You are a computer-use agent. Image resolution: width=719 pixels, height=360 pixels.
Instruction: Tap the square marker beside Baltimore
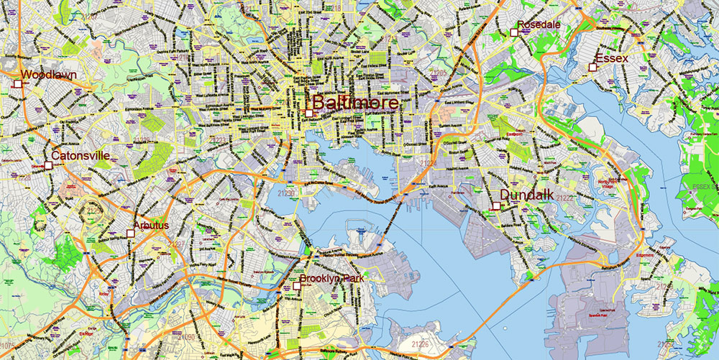pyautogui.click(x=308, y=113)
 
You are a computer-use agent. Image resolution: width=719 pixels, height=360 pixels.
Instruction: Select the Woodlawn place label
pyautogui.click(x=49, y=75)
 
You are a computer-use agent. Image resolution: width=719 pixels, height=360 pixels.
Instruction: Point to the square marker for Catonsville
pyautogui.click(x=48, y=165)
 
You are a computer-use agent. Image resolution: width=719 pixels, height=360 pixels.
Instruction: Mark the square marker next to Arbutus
pyautogui.click(x=130, y=233)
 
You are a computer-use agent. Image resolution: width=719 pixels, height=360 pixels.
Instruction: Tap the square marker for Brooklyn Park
pyautogui.click(x=297, y=286)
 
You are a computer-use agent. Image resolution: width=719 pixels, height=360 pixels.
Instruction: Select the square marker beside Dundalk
pyautogui.click(x=496, y=206)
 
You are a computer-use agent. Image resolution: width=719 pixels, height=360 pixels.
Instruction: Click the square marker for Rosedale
pyautogui.click(x=514, y=32)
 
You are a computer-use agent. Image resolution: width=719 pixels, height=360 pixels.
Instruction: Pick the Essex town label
pyautogui.click(x=612, y=58)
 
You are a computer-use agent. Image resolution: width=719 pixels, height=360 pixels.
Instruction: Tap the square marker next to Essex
pyautogui.click(x=592, y=68)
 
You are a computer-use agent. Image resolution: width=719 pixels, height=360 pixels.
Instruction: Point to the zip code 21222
pyautogui.click(x=564, y=198)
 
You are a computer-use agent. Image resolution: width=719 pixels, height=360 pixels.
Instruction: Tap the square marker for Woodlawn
pyautogui.click(x=18, y=84)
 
